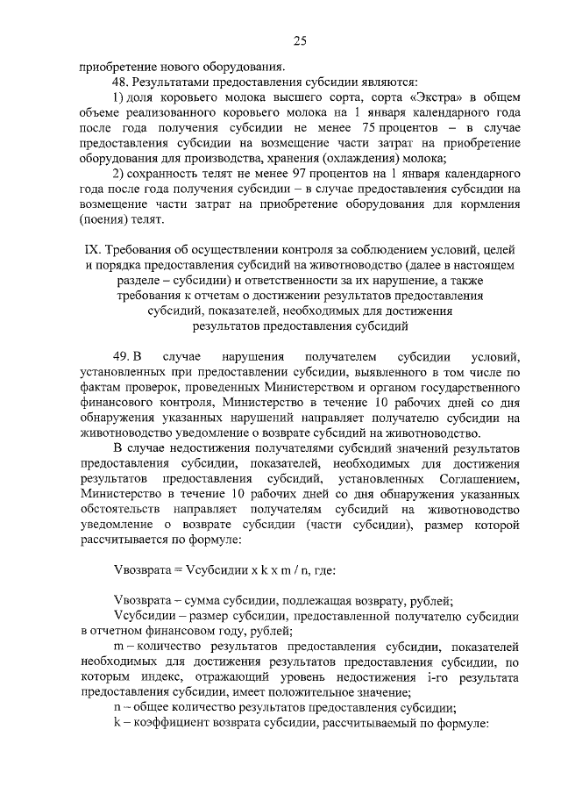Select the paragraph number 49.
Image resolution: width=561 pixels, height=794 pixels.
click(x=122, y=356)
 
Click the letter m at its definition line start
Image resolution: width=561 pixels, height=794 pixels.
click(x=117, y=646)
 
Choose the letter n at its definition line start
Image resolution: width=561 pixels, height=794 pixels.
click(x=117, y=709)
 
